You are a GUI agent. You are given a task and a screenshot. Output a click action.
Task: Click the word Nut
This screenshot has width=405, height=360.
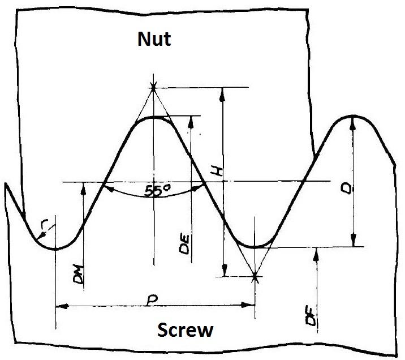154,40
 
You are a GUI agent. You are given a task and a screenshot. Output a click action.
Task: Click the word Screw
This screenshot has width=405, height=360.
185,330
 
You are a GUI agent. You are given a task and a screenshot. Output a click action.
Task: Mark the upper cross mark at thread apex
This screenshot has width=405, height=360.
153,87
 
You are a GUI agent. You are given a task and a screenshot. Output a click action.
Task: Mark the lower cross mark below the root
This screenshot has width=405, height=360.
255,277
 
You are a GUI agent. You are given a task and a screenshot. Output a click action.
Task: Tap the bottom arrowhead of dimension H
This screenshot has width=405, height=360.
224,271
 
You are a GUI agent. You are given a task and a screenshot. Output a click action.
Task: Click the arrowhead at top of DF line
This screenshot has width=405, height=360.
316,252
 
